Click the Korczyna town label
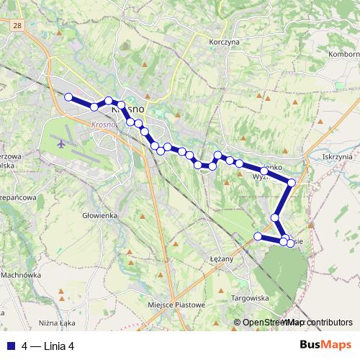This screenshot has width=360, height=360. pyautogui.click(x=223, y=43)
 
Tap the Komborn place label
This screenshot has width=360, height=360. pyautogui.click(x=344, y=54)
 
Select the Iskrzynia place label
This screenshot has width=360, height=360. pyautogui.click(x=338, y=156)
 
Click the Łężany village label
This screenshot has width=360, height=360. pyautogui.click(x=222, y=258)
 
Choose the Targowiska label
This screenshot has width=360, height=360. pyautogui.click(x=249, y=297)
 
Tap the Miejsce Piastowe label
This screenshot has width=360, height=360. pyautogui.click(x=176, y=305)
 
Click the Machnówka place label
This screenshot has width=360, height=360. pyautogui.click(x=21, y=274)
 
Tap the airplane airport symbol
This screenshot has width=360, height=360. pyautogui.click(x=60, y=143)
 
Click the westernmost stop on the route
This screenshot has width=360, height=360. pyautogui.click(x=68, y=97)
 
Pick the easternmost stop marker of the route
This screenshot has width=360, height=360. pyautogui.click(x=291, y=182)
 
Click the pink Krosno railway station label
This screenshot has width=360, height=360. pyautogui.click(x=104, y=124)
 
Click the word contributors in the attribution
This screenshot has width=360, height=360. pyautogui.click(x=330, y=323)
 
